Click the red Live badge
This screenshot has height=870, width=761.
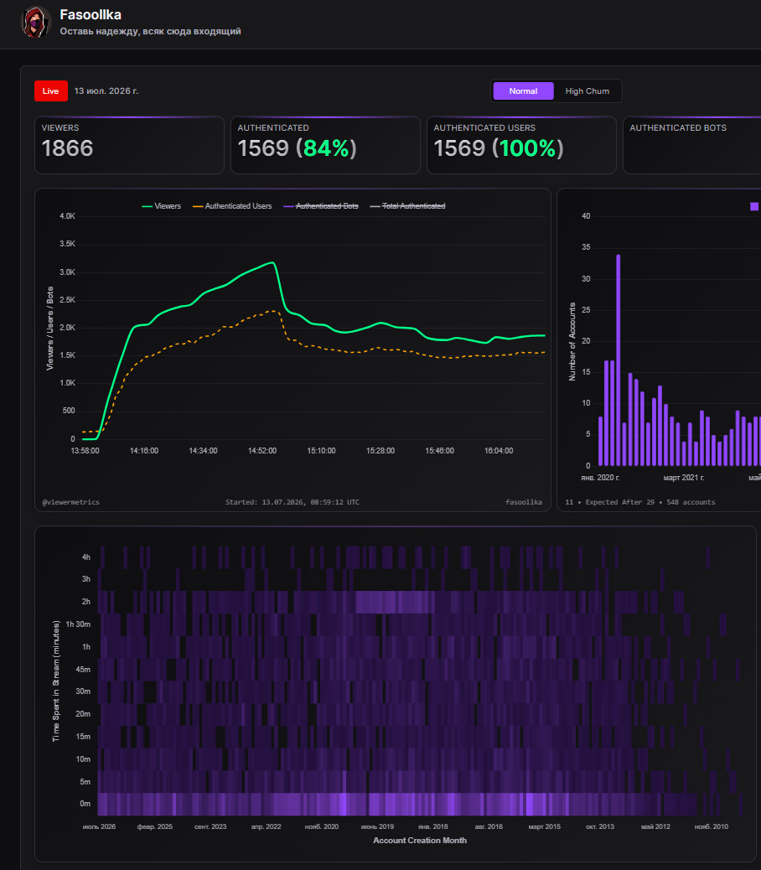[51, 91]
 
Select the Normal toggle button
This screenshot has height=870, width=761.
[523, 91]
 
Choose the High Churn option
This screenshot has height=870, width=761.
[587, 91]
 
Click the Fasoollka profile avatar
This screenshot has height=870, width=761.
[35, 22]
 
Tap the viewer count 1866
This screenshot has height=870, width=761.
[67, 148]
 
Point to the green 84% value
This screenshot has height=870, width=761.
[326, 148]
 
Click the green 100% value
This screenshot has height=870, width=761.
[528, 148]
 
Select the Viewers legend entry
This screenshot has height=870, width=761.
[162, 206]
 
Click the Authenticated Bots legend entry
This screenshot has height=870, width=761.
[321, 206]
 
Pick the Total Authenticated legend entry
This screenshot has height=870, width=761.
[407, 206]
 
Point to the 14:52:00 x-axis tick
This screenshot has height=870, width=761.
[262, 451]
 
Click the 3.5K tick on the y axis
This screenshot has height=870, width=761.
[68, 244]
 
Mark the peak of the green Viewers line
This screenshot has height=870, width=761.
[272, 262]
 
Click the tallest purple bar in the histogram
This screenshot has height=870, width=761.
[618, 360]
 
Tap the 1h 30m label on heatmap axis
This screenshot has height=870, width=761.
[78, 624]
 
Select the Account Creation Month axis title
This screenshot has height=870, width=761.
[420, 840]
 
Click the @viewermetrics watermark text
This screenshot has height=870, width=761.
[71, 502]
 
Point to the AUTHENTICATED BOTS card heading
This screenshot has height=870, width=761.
[678, 127]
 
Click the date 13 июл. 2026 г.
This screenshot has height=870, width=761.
[106, 91]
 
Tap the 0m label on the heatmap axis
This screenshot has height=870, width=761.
[85, 804]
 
